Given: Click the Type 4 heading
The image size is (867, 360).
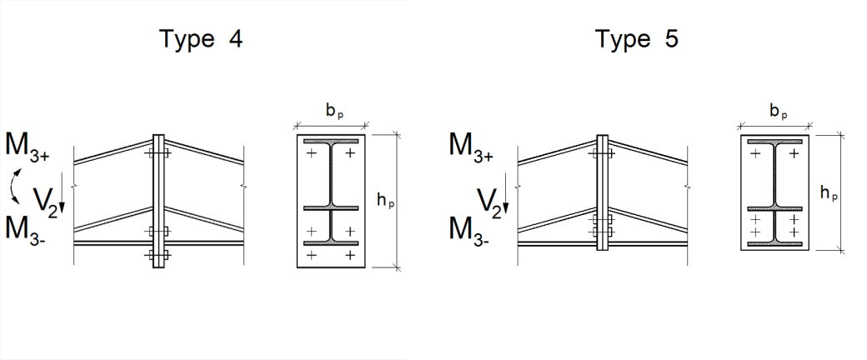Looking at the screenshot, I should click(x=201, y=40).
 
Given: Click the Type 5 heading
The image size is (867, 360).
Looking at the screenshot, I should click(x=636, y=40).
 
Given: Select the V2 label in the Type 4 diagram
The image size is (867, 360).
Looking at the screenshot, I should click(x=47, y=200).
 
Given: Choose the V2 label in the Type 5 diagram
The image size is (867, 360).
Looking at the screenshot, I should click(x=492, y=200).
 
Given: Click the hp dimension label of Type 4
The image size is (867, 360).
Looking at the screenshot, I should click(x=387, y=201).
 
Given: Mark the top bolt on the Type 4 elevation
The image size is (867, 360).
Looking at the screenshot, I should click(x=158, y=154).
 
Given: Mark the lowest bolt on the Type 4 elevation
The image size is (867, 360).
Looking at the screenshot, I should click(x=158, y=255).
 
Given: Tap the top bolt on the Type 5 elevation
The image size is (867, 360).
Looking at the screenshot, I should click(x=602, y=154).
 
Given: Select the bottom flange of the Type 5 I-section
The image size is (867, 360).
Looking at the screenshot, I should click(x=774, y=244).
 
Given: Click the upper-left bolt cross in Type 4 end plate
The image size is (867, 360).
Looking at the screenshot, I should click(x=311, y=153).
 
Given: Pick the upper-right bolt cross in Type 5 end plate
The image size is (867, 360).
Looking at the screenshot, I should click(x=794, y=153).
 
